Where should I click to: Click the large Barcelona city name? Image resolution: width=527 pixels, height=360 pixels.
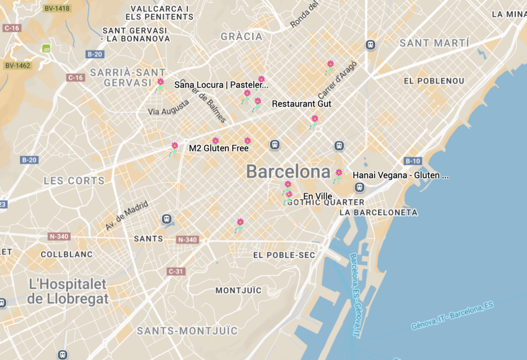point(288,172)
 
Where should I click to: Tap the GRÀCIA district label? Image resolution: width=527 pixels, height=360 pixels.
point(241,37)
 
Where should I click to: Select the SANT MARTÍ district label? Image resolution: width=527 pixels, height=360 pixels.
point(434,43)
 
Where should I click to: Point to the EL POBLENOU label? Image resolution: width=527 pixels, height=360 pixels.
point(434,81)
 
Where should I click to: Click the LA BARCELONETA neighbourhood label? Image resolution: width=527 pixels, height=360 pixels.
point(378,212)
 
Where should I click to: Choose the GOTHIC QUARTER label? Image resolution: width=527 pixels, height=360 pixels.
point(326,202)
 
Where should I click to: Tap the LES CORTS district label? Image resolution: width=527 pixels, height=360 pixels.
point(74,181)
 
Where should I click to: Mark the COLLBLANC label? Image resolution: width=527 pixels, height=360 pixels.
point(67,254)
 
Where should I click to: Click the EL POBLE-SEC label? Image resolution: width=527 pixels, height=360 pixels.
point(284,255)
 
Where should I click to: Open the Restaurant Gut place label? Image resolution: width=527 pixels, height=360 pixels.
point(302,104)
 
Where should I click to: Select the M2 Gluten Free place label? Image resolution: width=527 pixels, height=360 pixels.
point(219,148)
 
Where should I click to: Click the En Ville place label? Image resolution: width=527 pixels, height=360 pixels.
point(318,196)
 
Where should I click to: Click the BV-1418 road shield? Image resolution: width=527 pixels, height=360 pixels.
point(57,9)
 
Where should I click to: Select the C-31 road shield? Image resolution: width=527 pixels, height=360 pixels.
point(176,271)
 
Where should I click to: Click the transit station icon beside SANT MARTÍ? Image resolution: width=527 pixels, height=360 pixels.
point(370,45)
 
